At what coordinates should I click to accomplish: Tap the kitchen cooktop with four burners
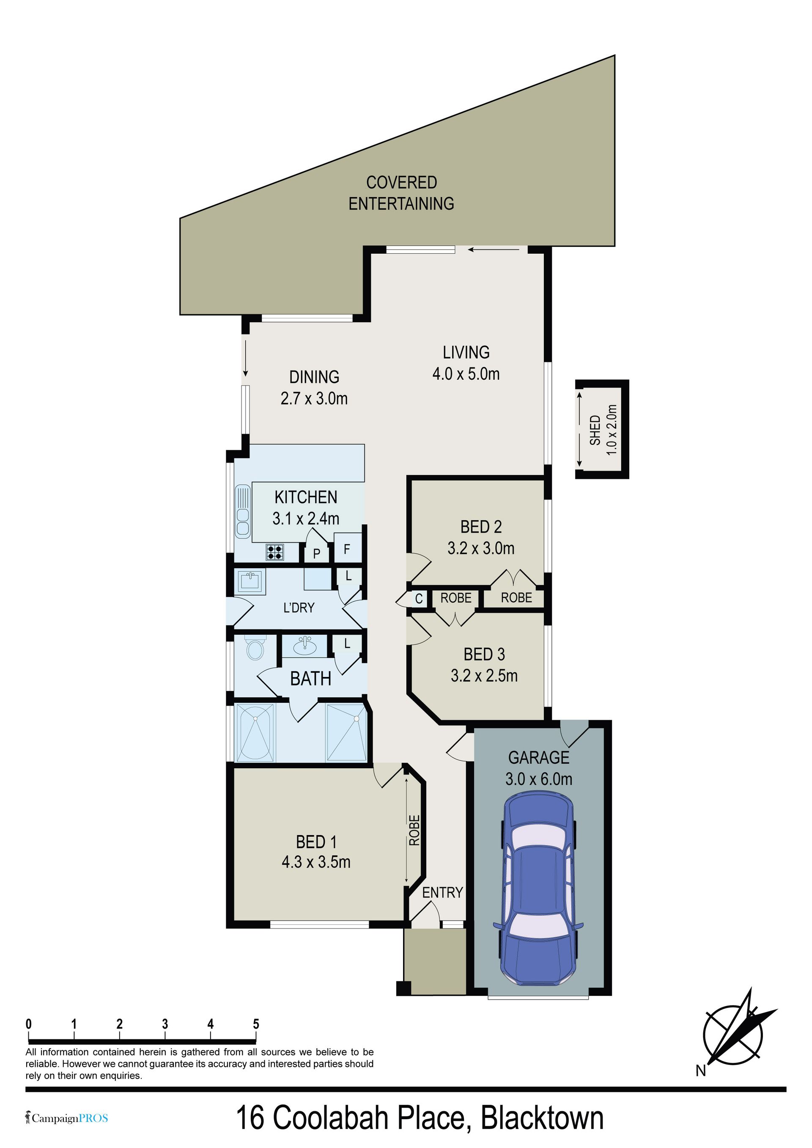(x=274, y=552)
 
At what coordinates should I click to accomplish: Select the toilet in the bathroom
(x=255, y=649)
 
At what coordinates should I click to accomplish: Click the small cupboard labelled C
(x=419, y=598)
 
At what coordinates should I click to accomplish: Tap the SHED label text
(x=595, y=430)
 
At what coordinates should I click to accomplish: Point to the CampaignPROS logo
(x=67, y=1118)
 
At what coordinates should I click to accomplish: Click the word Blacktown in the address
(x=542, y=1119)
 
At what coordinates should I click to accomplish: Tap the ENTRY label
(x=442, y=893)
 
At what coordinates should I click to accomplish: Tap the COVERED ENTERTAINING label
(x=401, y=193)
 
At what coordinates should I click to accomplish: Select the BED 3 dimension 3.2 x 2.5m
(x=484, y=676)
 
